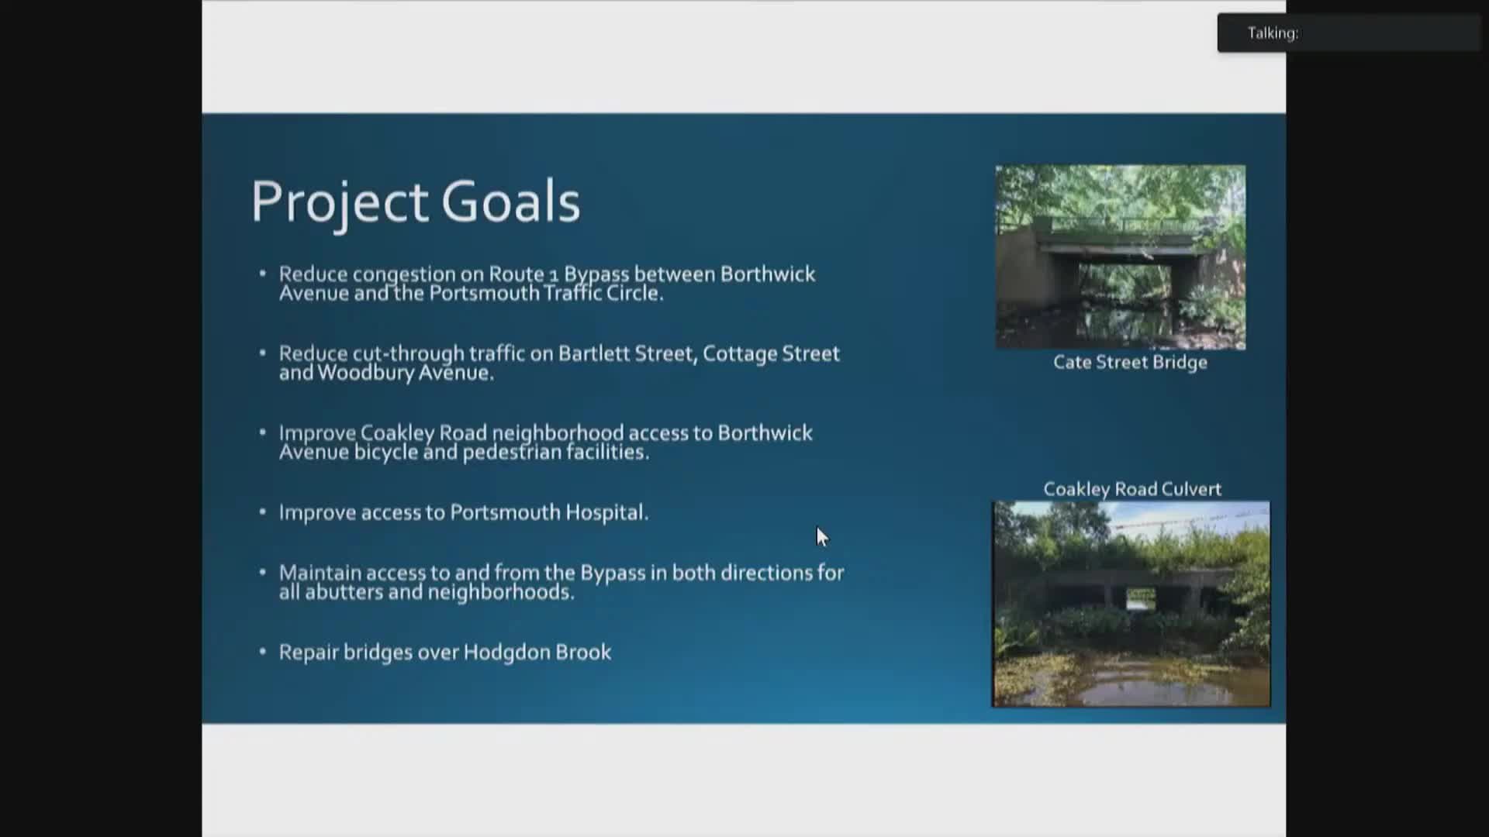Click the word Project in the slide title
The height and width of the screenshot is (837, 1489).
339,202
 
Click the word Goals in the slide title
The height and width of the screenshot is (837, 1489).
510,201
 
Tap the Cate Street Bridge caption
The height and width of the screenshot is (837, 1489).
1130,363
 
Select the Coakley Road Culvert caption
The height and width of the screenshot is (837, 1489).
1132,489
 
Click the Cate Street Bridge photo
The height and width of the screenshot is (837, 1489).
1121,257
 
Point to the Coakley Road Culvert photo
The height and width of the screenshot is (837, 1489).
1131,604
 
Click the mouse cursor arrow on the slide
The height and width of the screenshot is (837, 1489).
822,536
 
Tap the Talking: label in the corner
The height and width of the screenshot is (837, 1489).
1273,33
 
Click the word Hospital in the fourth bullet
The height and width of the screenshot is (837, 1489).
606,512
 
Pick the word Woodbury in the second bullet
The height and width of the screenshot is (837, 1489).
365,374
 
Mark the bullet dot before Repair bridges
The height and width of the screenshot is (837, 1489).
263,652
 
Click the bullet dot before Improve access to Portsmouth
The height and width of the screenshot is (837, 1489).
263,511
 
